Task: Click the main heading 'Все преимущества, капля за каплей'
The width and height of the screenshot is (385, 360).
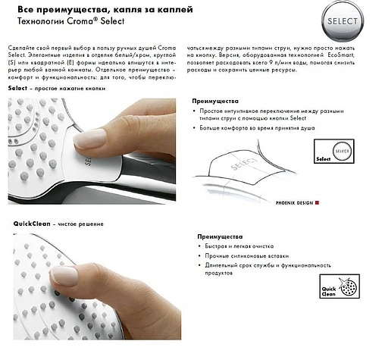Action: [x=95, y=9]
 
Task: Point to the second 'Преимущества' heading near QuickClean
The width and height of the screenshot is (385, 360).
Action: [x=219, y=236]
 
